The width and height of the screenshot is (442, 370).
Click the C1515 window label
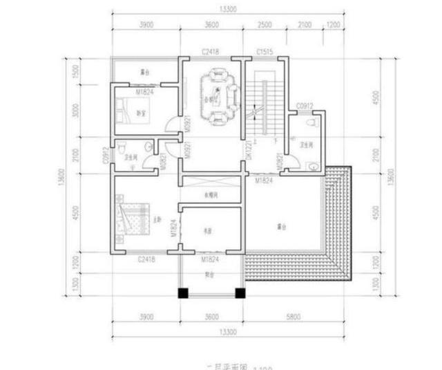[x=265, y=53]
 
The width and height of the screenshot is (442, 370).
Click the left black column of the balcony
[x=183, y=293]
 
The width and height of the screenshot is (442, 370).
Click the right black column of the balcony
[x=240, y=293]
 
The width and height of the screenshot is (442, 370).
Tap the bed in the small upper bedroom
[x=127, y=109]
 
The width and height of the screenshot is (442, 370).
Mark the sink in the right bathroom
[x=312, y=166]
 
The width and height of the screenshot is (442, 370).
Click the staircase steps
[x=261, y=107]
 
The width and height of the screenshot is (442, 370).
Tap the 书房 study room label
[x=206, y=231]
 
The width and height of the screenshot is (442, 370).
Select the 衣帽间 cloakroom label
[x=211, y=194]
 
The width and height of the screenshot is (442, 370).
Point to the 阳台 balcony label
[x=211, y=272]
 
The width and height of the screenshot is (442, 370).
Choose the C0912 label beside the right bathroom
[x=305, y=106]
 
